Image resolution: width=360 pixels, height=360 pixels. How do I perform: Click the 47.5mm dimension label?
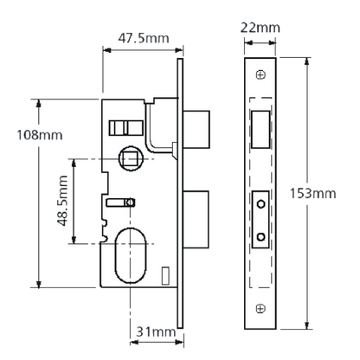[144, 38]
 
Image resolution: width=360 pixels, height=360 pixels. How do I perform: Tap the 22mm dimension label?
[260, 28]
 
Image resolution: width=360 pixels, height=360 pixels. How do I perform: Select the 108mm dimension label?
[40, 135]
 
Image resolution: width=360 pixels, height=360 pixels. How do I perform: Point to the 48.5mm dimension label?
[62, 201]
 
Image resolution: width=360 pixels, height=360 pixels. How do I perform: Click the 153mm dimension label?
[313, 193]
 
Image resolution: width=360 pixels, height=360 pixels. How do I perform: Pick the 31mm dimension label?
[156, 331]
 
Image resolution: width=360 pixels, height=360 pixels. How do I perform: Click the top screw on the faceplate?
[260, 74]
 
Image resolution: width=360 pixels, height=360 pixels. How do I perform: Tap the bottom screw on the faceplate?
[260, 308]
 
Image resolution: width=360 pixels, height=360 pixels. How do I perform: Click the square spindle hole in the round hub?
[130, 158]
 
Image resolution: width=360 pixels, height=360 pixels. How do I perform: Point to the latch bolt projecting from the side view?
[196, 130]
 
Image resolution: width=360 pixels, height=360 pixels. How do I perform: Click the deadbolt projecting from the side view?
[196, 219]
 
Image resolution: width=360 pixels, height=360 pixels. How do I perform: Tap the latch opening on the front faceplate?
[260, 130]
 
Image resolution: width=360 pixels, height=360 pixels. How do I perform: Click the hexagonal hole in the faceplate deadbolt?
[260, 203]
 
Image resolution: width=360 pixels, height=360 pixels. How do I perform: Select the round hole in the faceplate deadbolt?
[260, 237]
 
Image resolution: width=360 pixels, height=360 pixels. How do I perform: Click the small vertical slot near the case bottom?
[165, 275]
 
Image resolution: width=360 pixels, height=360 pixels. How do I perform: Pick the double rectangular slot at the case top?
[125, 128]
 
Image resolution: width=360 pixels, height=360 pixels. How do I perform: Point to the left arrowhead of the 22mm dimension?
[248, 43]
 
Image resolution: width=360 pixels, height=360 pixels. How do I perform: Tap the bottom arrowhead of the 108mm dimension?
[39, 284]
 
